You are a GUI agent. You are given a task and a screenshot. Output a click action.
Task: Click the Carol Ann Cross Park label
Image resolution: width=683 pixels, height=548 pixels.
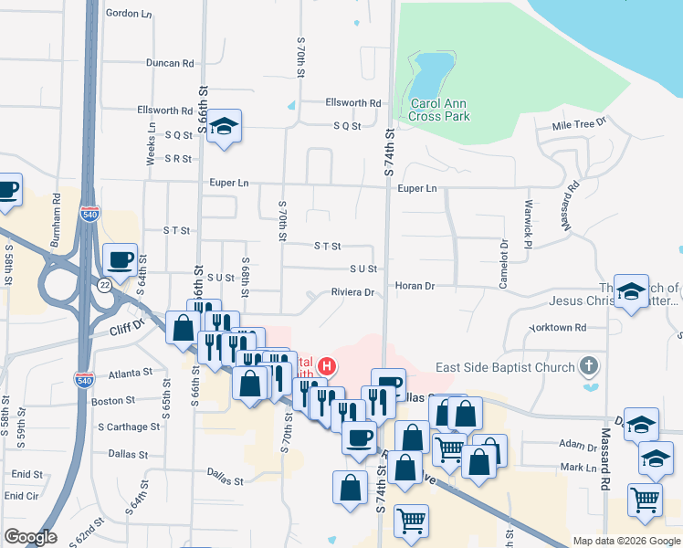[438, 110]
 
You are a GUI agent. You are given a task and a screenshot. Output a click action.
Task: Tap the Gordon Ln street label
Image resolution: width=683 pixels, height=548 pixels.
[129, 14]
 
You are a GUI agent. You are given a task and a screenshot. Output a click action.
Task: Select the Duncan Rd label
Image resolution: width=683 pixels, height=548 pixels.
[171, 64]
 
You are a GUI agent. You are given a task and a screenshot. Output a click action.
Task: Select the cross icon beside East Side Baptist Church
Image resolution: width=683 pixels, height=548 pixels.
[590, 367]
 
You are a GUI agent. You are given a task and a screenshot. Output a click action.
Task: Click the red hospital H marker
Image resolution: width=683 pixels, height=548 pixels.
[326, 368]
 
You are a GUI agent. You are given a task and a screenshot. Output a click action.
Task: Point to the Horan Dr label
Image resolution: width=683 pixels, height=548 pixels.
[415, 286]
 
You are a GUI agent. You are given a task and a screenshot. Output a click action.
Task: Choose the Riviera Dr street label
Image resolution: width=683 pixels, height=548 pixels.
[352, 293]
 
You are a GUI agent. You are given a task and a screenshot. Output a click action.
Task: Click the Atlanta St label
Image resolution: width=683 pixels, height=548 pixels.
[129, 373]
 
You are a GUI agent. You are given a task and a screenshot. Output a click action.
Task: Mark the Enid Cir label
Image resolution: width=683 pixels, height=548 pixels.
[21, 496]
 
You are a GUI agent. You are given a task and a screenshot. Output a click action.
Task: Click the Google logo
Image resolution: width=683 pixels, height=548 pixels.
[30, 537]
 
